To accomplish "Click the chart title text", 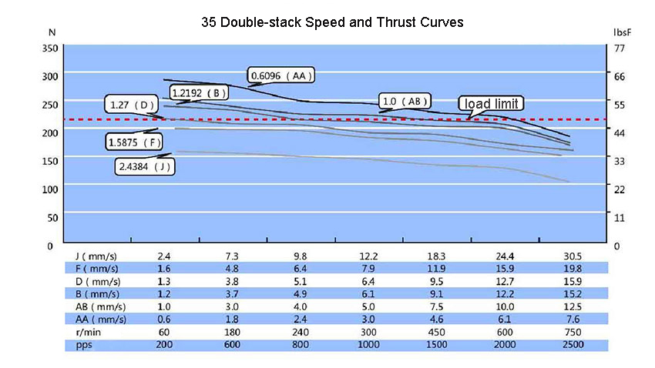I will [x=331, y=22].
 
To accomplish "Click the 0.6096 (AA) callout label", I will [x=283, y=75].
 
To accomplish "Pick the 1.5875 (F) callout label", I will [x=135, y=142].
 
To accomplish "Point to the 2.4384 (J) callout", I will [x=143, y=166].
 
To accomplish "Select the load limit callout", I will [x=492, y=103].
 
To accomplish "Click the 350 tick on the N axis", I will [x=49, y=48].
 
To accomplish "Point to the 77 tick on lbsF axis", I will [x=619, y=48].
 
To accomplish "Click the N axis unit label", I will [x=51, y=33].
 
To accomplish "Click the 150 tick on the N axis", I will [x=49, y=160].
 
